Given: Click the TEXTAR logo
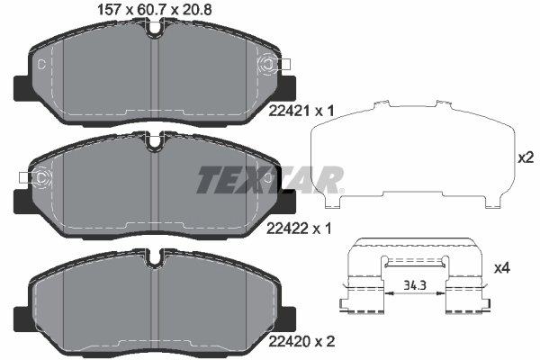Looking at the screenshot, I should (270, 179).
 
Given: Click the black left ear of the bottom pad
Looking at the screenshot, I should (21, 318).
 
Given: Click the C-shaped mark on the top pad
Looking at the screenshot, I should (41, 64).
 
